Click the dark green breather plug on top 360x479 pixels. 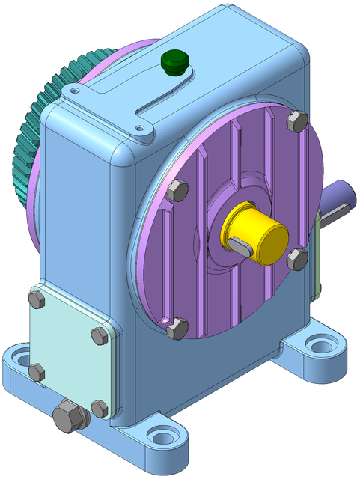click(174, 61)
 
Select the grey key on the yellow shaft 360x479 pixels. click(241, 245)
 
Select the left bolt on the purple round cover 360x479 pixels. click(178, 190)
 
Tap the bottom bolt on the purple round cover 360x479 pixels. click(177, 328)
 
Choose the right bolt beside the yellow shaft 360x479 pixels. click(297, 260)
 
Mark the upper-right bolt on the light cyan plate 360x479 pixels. click(100, 335)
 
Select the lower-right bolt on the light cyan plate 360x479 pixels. click(99, 408)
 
